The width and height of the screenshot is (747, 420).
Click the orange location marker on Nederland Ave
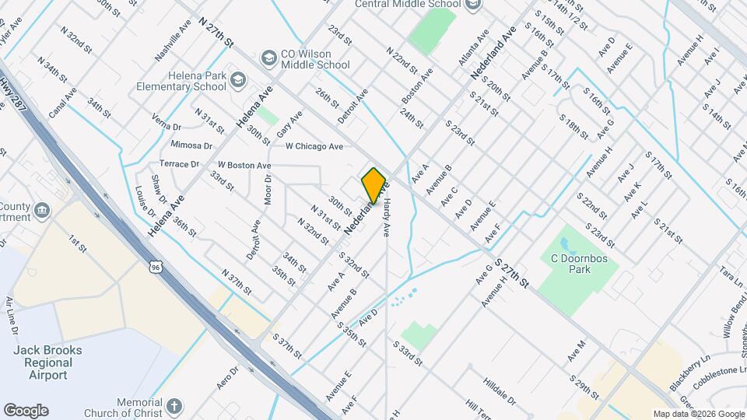coord(373,185)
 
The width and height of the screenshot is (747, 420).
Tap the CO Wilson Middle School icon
coord(269,58)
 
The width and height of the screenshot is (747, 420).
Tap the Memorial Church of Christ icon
coord(174,406)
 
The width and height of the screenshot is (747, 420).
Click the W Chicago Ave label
coord(314,146)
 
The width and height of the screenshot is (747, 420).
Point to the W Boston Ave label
coord(244,166)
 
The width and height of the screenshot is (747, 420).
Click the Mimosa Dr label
coord(191,145)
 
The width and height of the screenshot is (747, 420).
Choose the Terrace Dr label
coord(179,164)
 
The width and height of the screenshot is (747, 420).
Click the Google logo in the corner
coord(26,410)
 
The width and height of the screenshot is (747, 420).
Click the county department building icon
coord(42,208)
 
